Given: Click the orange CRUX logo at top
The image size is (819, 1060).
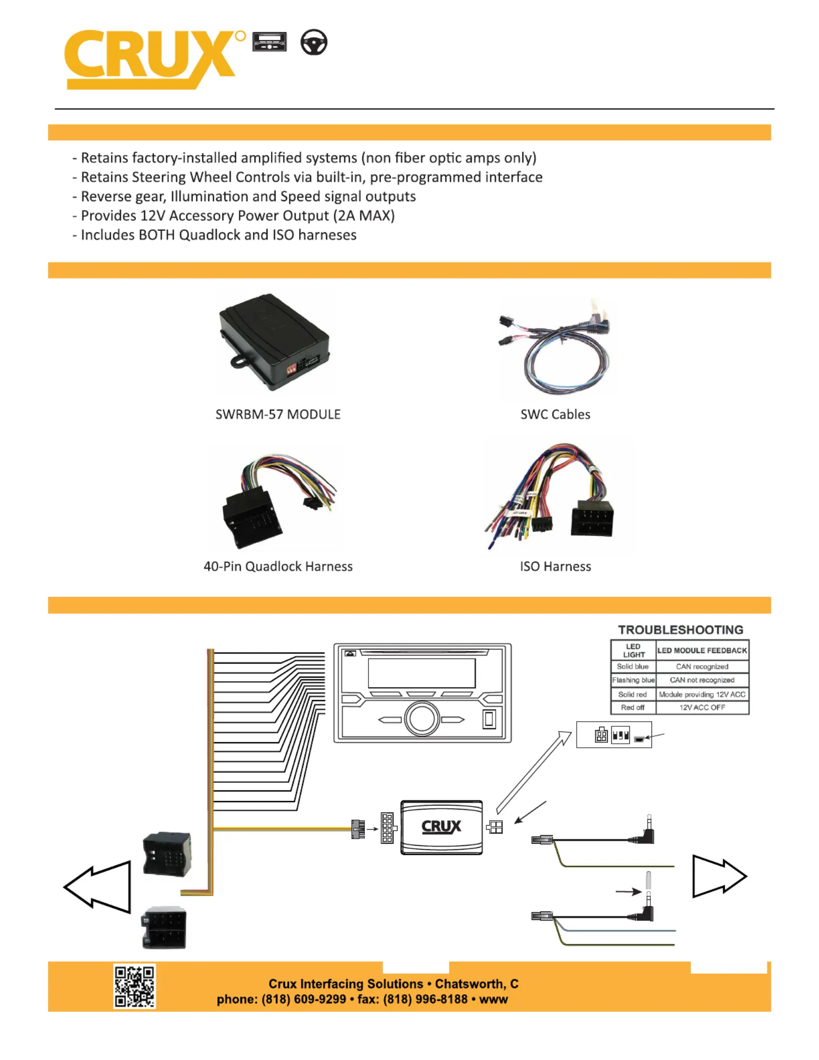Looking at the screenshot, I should [x=151, y=58].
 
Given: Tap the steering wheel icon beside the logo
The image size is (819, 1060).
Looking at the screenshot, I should [x=314, y=42].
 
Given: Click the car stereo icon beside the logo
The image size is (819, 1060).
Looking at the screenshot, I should [x=269, y=42].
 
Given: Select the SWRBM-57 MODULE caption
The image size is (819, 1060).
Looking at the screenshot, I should [x=278, y=414].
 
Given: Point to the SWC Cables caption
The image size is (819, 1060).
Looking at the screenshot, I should [x=555, y=414].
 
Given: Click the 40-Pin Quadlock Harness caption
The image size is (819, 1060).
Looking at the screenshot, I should [x=278, y=566].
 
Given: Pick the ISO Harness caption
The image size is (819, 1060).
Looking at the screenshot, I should [x=555, y=566].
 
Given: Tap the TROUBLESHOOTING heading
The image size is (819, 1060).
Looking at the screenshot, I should [x=680, y=629].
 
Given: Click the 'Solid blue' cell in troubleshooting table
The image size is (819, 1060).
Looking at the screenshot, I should [x=632, y=667].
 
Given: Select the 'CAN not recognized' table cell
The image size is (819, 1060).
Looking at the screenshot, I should [x=702, y=680].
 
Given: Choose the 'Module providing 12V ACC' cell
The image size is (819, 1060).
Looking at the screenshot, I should [x=702, y=694].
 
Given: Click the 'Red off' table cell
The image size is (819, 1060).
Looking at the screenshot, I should [x=632, y=707].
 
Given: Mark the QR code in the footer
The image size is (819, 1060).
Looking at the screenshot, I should [x=134, y=986].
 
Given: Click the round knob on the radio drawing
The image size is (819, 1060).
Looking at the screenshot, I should [x=422, y=719].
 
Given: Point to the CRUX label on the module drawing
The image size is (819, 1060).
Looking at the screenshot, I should [x=441, y=827].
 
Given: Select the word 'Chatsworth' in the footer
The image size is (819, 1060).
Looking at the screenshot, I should [x=469, y=984].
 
